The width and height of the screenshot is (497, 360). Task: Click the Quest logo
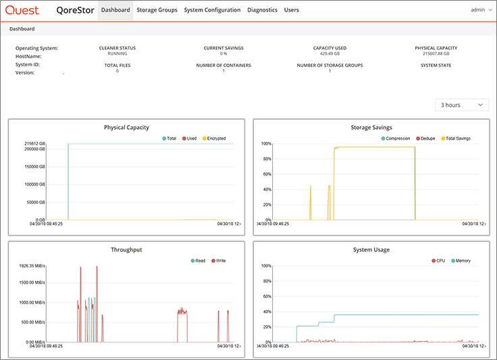pos(22,10)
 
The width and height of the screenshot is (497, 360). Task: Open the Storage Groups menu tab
pos(157,10)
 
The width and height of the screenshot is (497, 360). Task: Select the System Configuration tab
pos(212,10)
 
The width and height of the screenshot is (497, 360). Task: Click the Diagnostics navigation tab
pos(262,10)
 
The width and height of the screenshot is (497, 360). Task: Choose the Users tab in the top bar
pos(291,10)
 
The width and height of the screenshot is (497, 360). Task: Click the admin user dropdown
pos(479,10)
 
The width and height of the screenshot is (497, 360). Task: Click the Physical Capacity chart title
pos(126,127)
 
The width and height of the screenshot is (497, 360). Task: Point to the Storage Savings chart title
pos(371,127)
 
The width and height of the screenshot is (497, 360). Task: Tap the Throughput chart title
pos(126,249)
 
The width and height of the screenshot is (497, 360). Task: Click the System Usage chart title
pos(371,249)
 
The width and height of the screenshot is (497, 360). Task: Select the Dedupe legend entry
pos(425,138)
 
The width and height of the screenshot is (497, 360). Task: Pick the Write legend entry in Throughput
pos(219,261)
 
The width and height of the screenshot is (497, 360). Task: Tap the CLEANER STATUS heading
pos(117,48)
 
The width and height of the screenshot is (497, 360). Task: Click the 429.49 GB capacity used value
pos(330,53)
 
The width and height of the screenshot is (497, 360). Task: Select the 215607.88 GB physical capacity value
pos(436,53)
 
